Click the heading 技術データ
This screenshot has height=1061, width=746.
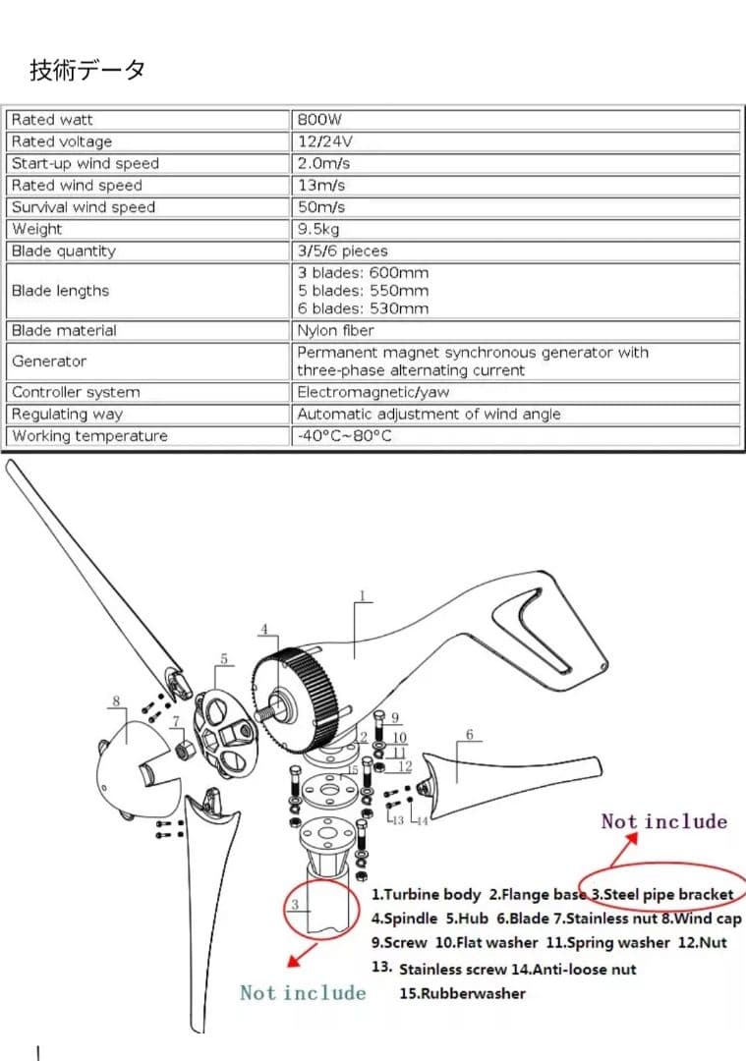click(x=88, y=71)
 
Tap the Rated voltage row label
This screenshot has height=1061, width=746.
click(x=61, y=141)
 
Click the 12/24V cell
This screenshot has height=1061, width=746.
click(x=324, y=141)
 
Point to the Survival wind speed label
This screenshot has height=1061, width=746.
click(x=83, y=207)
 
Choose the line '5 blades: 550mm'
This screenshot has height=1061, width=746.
click(x=363, y=291)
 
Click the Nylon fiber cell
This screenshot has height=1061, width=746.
click(x=335, y=331)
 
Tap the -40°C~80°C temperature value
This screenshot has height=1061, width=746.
click(x=344, y=436)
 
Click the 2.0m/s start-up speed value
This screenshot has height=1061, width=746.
click(x=323, y=163)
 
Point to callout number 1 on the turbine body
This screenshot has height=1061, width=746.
click(x=362, y=595)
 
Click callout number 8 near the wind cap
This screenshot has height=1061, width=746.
click(x=116, y=701)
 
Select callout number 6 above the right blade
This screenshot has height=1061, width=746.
click(x=469, y=735)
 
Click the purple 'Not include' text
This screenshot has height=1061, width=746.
click(x=664, y=821)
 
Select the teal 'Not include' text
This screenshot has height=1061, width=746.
click(x=303, y=992)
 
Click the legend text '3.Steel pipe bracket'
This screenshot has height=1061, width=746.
click(x=662, y=894)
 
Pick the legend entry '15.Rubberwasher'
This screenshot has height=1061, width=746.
click(x=462, y=993)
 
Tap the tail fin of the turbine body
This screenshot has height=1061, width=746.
click(x=550, y=629)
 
